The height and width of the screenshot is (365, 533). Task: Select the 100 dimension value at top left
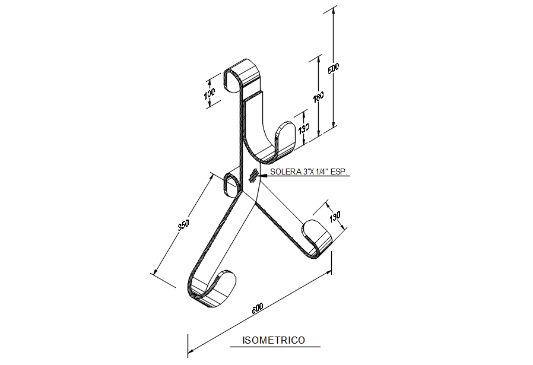click(209, 94)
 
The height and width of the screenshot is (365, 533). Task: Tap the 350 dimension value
click(183, 225)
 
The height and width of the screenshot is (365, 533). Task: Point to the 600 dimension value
click(258, 308)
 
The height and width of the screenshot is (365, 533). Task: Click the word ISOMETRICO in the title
click(274, 340)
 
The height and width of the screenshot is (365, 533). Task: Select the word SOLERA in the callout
click(283, 173)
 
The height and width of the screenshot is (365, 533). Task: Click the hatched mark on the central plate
click(254, 174)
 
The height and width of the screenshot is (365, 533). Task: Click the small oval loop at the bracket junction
click(230, 184)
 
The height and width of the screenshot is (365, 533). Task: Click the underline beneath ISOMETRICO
click(274, 347)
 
